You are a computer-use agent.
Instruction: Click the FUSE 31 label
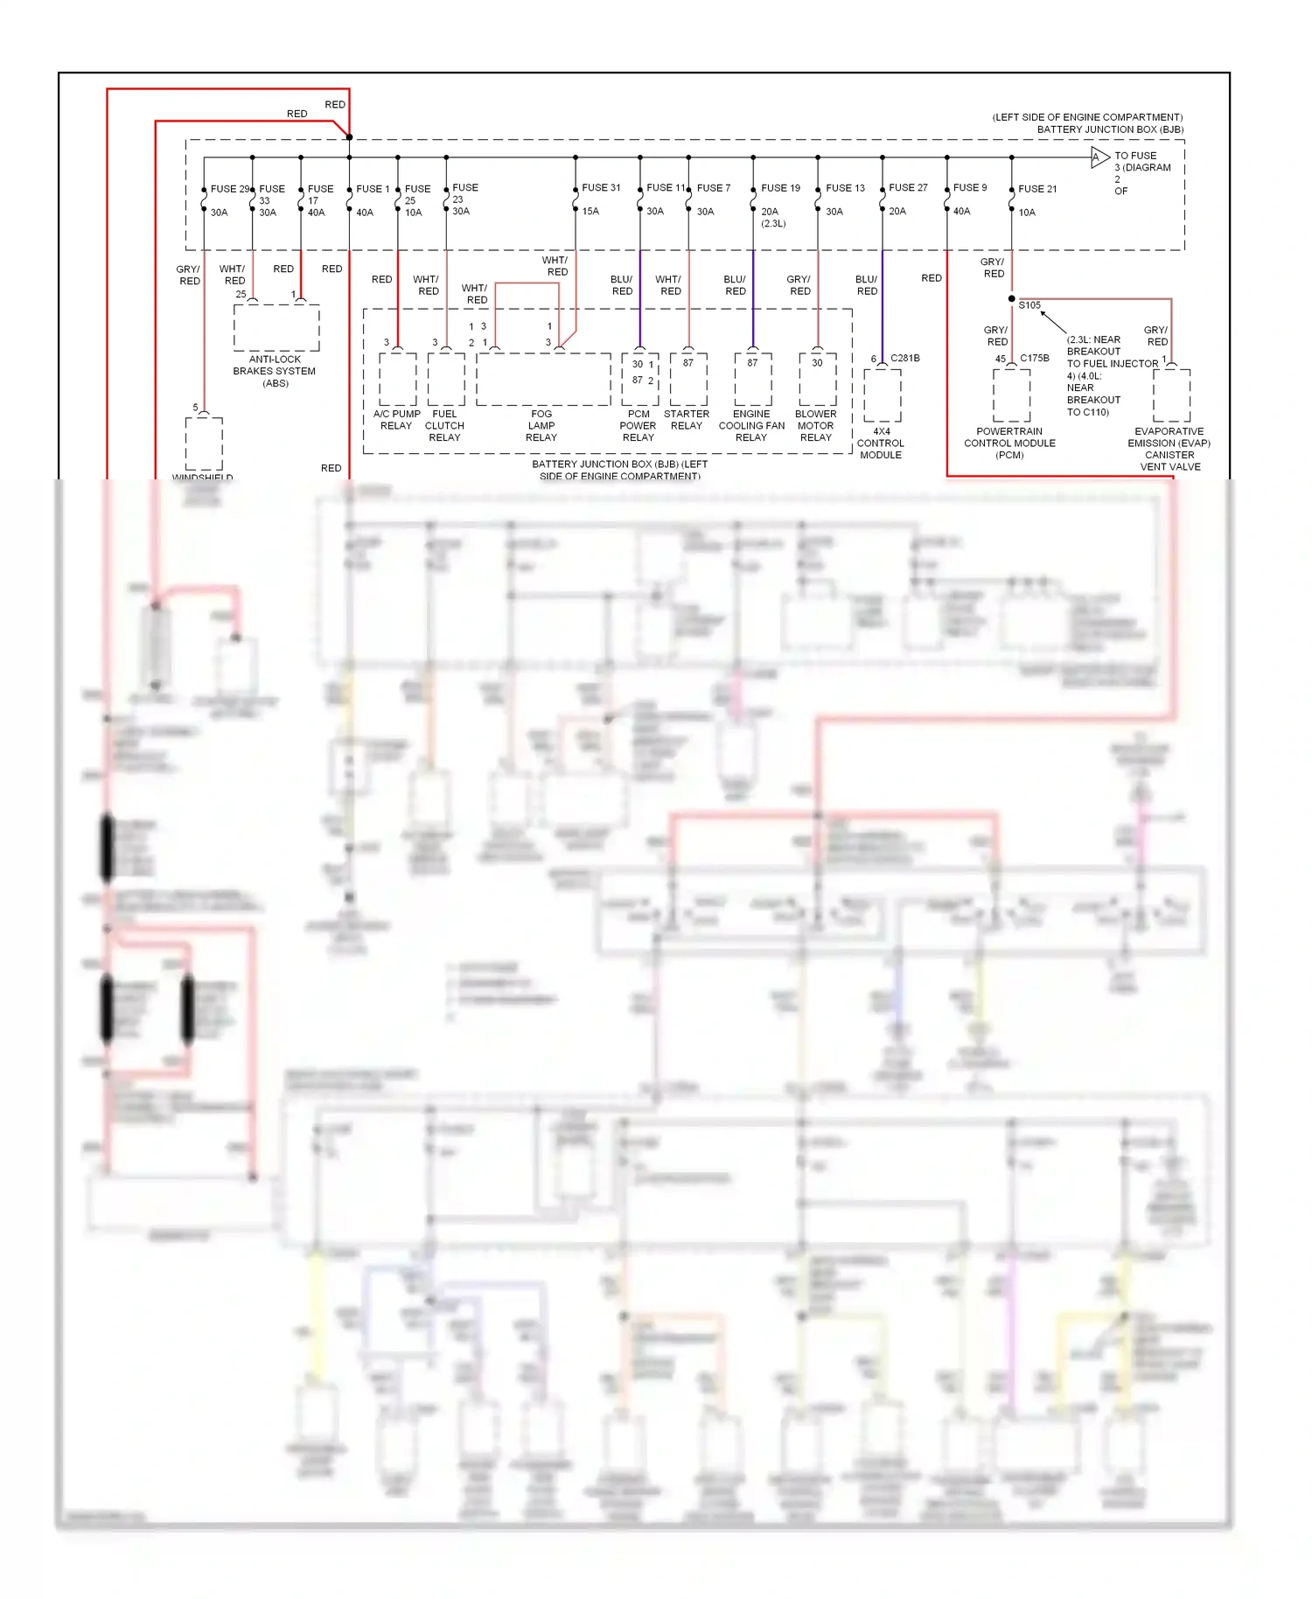[x=601, y=187]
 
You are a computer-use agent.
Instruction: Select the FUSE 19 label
[x=780, y=188]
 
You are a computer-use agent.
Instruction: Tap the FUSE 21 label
[x=1037, y=188]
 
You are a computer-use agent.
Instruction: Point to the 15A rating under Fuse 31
[x=590, y=212]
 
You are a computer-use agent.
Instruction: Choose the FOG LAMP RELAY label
[x=541, y=426]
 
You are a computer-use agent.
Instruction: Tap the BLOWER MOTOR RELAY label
[x=816, y=426]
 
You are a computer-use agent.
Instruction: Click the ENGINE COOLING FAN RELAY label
[x=751, y=426]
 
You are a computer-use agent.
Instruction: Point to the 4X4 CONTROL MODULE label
[x=881, y=443]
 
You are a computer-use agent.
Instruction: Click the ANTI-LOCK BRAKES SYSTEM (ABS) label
[x=275, y=371]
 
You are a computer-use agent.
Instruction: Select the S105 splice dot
[x=1012, y=299]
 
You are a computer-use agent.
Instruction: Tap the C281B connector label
[x=905, y=358]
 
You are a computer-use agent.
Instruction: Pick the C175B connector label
[x=1034, y=358]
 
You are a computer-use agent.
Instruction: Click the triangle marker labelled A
[x=1099, y=157]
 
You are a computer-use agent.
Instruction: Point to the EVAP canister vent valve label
[x=1169, y=449]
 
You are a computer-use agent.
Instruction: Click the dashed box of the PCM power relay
[x=639, y=379]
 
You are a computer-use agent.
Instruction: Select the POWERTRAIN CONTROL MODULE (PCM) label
[x=1009, y=443]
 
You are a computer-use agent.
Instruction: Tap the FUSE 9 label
[x=970, y=187]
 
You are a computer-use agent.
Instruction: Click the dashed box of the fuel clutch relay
[x=446, y=379]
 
